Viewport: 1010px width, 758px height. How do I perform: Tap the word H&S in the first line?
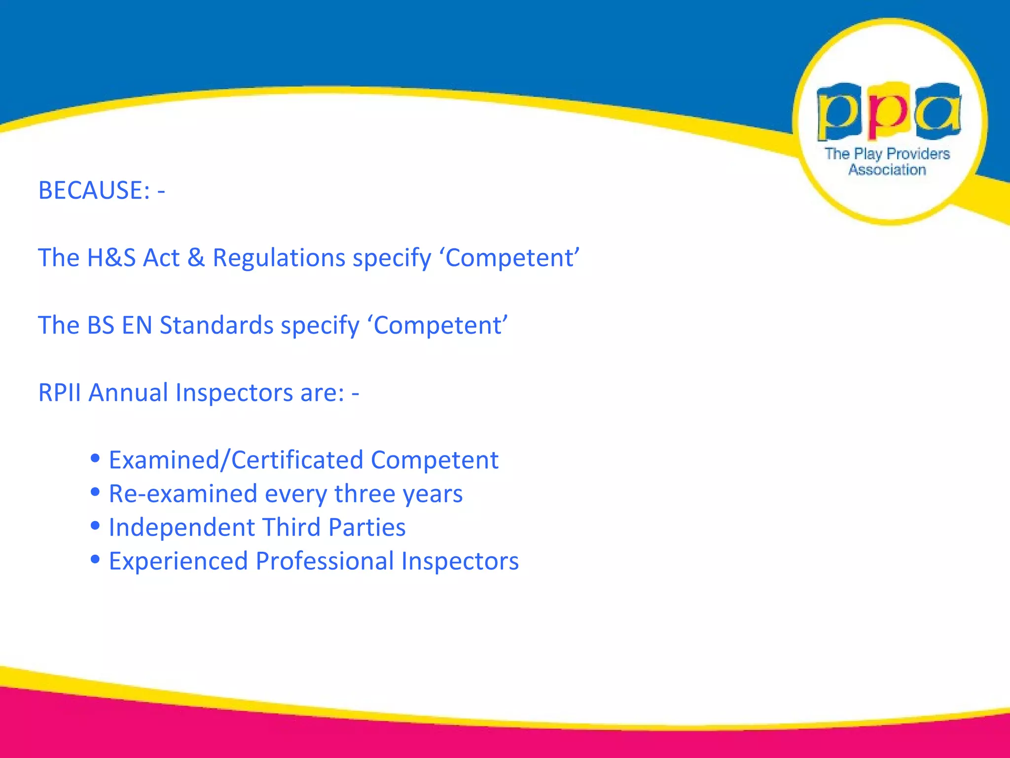pyautogui.click(x=111, y=258)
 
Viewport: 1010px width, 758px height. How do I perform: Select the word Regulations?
pyautogui.click(x=279, y=258)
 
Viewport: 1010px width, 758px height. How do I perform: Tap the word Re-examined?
pyautogui.click(x=183, y=493)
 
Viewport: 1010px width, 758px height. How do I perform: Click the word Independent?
pyautogui.click(x=181, y=527)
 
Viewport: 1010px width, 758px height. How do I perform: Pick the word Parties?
pyautogui.click(x=367, y=527)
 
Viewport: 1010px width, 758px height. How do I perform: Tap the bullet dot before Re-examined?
pyautogui.click(x=96, y=492)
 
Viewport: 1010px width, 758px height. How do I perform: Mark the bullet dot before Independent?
pyautogui.click(x=96, y=525)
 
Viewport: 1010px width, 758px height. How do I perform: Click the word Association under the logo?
pyautogui.click(x=887, y=170)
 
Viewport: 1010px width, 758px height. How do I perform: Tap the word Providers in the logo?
pyautogui.click(x=918, y=154)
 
